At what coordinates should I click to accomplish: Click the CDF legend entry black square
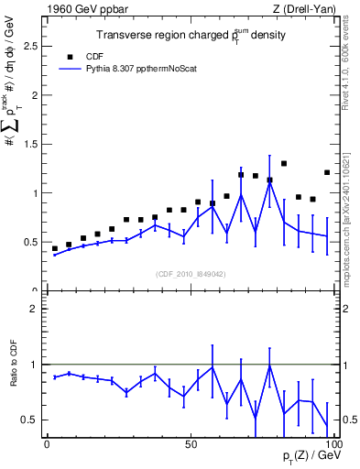(x=69, y=55)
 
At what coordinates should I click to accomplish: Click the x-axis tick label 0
(x=47, y=443)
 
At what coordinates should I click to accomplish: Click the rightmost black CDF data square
(x=327, y=172)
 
